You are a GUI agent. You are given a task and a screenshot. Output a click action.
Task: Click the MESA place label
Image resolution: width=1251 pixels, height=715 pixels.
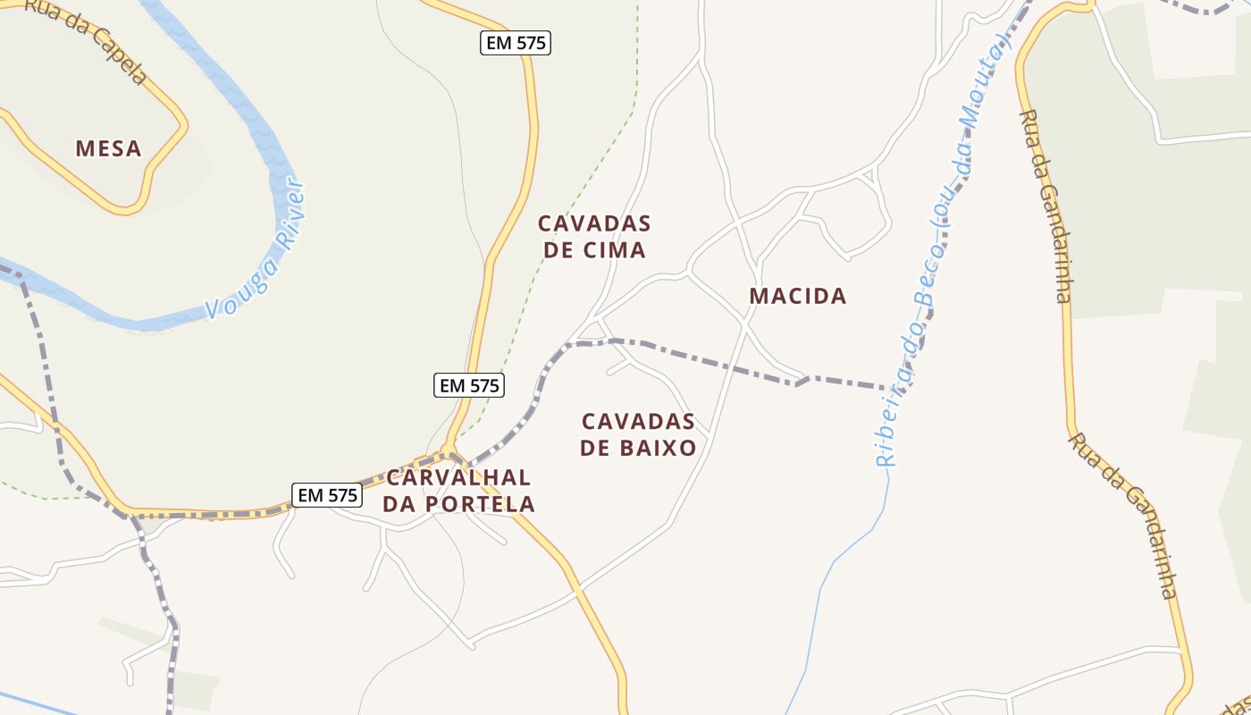108,148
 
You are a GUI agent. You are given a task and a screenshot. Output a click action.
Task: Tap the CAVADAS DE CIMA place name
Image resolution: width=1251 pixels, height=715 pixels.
594,236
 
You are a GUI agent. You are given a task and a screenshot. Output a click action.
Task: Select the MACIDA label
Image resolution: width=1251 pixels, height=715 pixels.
797,296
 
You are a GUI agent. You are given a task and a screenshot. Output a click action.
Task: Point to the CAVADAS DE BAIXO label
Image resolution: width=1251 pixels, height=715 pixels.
638,434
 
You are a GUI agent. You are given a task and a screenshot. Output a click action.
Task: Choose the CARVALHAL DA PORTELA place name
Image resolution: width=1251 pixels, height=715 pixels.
458,491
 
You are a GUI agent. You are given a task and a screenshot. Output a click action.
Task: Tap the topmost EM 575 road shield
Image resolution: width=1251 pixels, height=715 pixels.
516,42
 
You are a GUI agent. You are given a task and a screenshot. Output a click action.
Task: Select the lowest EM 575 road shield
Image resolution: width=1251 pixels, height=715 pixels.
327,494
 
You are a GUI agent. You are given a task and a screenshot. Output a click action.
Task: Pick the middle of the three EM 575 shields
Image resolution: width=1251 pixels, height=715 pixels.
470,385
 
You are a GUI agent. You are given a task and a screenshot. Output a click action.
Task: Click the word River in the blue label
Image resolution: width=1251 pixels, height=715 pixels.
291,214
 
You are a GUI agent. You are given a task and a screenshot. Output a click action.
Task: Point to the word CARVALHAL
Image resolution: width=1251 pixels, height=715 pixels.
458,477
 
